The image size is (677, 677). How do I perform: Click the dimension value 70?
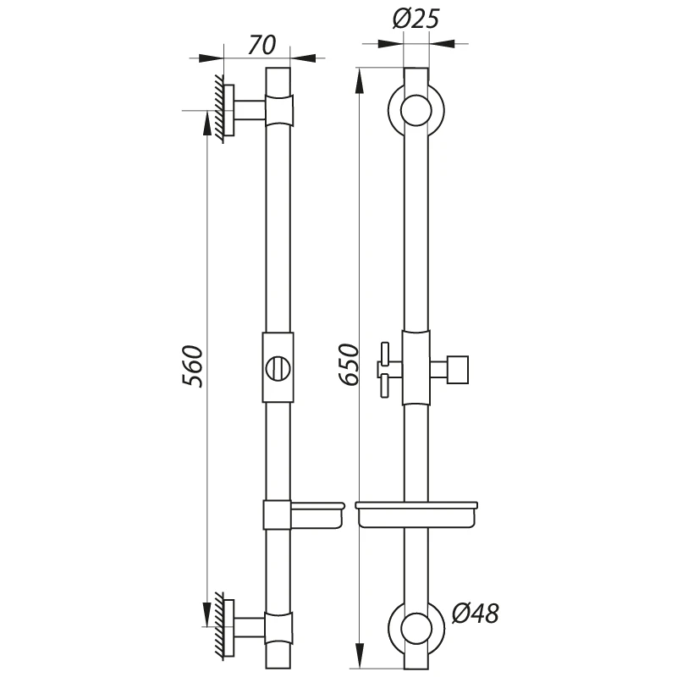(x=262, y=45)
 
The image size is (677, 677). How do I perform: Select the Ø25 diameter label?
(x=416, y=19)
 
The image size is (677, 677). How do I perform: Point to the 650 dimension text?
(x=349, y=364)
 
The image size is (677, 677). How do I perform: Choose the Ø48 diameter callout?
(x=476, y=613)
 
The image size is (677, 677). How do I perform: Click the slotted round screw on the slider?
(x=278, y=368)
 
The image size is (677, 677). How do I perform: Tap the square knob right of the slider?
(x=458, y=370)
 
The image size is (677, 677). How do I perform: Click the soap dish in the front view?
(x=416, y=515)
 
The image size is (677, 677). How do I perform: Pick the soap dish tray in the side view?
(x=317, y=515)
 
